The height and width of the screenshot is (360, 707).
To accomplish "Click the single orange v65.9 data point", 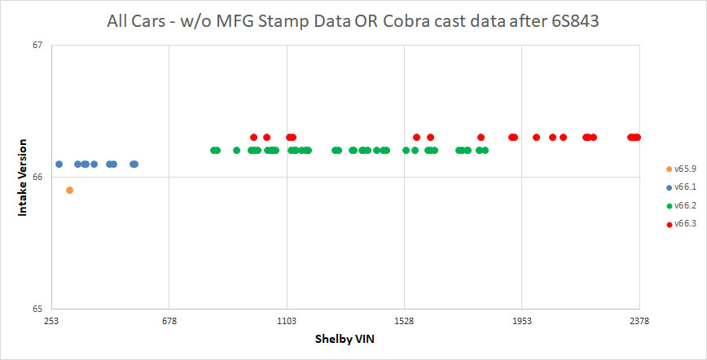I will click(x=69, y=190).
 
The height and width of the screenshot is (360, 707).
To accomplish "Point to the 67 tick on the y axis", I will click(x=37, y=45).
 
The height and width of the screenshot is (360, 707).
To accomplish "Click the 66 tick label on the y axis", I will click(x=37, y=177).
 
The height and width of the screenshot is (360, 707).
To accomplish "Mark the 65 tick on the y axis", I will click(x=37, y=309).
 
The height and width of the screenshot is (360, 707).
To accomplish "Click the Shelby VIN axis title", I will click(x=345, y=340).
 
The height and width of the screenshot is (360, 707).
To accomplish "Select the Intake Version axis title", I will click(x=24, y=177).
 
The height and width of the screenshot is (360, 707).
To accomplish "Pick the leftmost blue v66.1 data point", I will click(x=59, y=164).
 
